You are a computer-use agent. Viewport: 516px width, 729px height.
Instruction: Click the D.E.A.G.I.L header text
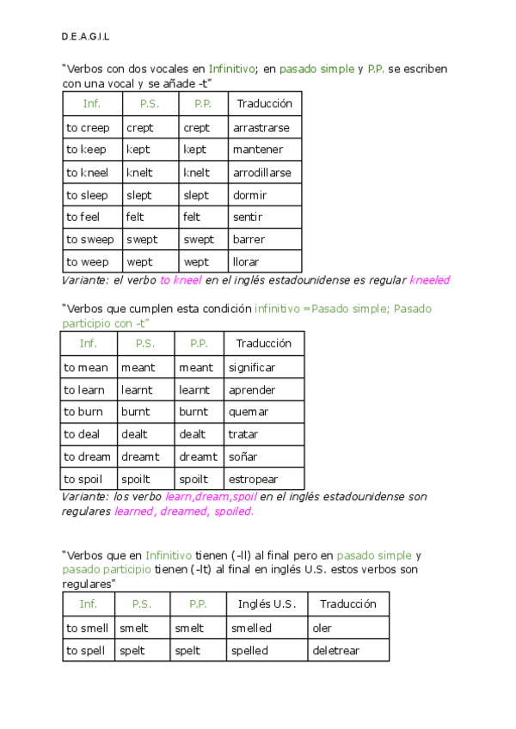85,37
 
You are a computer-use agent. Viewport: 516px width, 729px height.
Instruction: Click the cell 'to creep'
88,127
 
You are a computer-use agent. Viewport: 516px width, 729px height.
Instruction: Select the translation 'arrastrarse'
261,127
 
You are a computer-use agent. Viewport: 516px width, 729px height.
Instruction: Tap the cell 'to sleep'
87,195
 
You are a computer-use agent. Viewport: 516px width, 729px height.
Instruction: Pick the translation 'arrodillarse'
261,173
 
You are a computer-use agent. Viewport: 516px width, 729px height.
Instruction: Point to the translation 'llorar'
246,261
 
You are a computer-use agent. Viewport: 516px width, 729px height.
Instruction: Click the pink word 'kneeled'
430,280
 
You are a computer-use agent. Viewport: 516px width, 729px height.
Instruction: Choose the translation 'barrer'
249,239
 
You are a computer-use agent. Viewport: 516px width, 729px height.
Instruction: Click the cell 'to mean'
86,367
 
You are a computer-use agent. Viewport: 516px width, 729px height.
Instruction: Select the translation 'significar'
251,367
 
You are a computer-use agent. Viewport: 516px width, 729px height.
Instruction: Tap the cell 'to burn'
83,412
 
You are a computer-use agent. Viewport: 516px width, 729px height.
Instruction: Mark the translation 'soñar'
243,456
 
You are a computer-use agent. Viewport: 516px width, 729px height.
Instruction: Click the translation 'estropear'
253,479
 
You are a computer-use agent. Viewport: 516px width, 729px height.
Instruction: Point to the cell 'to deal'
82,434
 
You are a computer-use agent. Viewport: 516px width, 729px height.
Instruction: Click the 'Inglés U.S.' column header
267,603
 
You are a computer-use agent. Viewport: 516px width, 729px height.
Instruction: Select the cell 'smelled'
251,628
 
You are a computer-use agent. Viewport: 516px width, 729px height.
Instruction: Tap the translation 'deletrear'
335,651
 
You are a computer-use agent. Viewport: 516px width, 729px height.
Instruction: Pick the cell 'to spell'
85,651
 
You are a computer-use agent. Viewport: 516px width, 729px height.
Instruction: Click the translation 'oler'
322,628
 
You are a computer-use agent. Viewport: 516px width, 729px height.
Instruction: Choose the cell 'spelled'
249,651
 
